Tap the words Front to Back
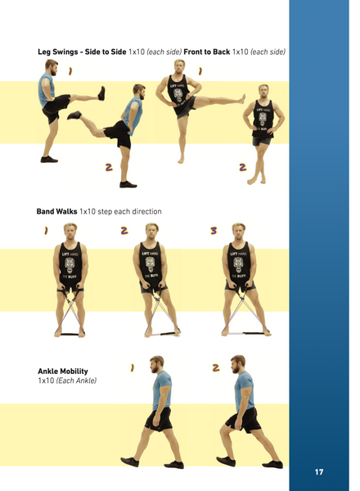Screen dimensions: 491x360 207,52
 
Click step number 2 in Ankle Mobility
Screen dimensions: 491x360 216,367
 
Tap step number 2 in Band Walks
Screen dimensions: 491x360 124,232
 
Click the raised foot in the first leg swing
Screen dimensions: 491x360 102,92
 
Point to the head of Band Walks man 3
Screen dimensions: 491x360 238,232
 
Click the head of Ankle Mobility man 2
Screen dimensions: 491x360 238,366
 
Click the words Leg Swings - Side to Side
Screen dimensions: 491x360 82,52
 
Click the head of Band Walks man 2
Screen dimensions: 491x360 150,232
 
